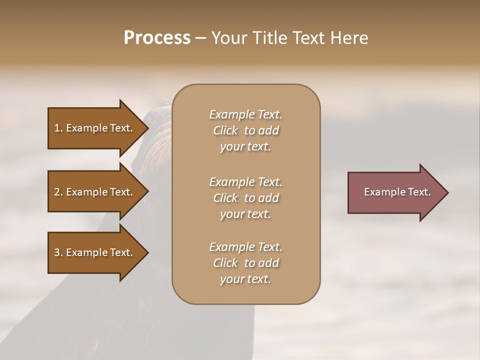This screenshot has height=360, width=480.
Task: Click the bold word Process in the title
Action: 157,38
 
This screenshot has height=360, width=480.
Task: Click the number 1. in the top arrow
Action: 58,128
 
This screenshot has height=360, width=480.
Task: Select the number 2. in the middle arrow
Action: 58,192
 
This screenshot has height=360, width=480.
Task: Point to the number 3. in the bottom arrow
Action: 58,252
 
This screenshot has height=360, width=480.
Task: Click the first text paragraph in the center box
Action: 245,130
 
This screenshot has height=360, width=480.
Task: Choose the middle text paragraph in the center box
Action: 245,198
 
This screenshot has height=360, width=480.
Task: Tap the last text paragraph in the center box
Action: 245,263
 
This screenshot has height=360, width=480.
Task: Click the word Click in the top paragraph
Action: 225,130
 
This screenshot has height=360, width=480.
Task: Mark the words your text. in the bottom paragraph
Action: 245,279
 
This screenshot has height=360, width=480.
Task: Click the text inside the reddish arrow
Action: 397,192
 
